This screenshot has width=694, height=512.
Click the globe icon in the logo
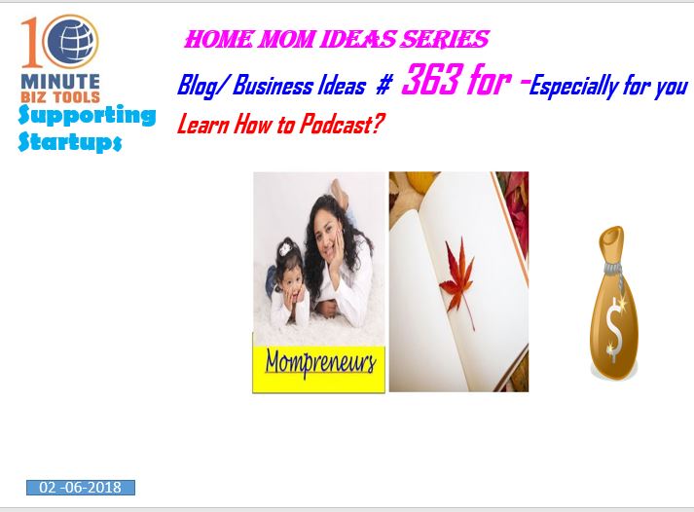71,42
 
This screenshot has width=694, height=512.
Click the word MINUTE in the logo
60,82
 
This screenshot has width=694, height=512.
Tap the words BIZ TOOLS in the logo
60,97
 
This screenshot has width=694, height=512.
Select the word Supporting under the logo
87,116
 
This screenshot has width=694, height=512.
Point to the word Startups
69,141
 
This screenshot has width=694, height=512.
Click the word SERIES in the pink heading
445,39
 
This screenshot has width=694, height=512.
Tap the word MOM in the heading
285,39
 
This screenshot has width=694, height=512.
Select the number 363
431,80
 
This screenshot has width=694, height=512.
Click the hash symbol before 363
384,86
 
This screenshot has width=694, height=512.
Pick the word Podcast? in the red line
342,124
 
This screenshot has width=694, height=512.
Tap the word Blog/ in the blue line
203,86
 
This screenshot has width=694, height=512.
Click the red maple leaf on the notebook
458,279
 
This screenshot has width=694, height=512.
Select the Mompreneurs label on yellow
321,363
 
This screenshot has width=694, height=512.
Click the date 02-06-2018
81,488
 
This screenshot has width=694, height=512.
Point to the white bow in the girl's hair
284,248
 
